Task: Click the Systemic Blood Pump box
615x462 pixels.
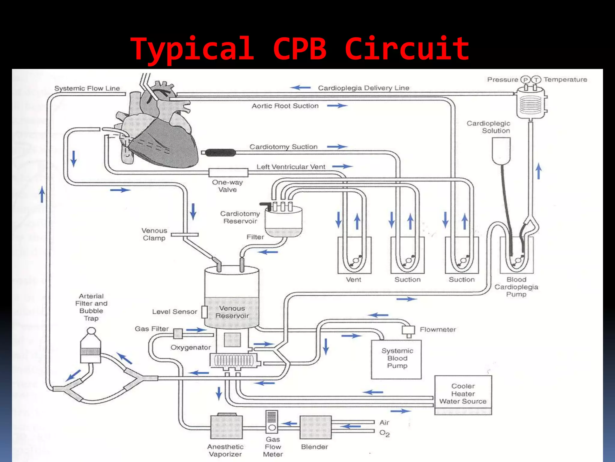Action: [396, 359]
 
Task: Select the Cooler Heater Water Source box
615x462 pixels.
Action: [463, 394]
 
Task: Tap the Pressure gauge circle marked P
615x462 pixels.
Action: [525, 80]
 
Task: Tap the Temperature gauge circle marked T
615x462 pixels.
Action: [536, 80]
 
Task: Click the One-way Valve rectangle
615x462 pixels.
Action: [228, 172]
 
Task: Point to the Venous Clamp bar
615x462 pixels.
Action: [184, 235]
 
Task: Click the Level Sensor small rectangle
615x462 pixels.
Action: [204, 312]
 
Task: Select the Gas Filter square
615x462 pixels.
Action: [178, 333]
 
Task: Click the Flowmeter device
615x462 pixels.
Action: [408, 331]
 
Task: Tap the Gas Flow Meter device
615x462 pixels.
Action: [272, 422]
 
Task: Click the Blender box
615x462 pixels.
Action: [315, 427]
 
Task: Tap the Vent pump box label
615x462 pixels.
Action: [353, 279]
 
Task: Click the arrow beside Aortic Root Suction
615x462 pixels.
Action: [337, 106]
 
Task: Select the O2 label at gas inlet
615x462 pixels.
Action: [384, 433]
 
